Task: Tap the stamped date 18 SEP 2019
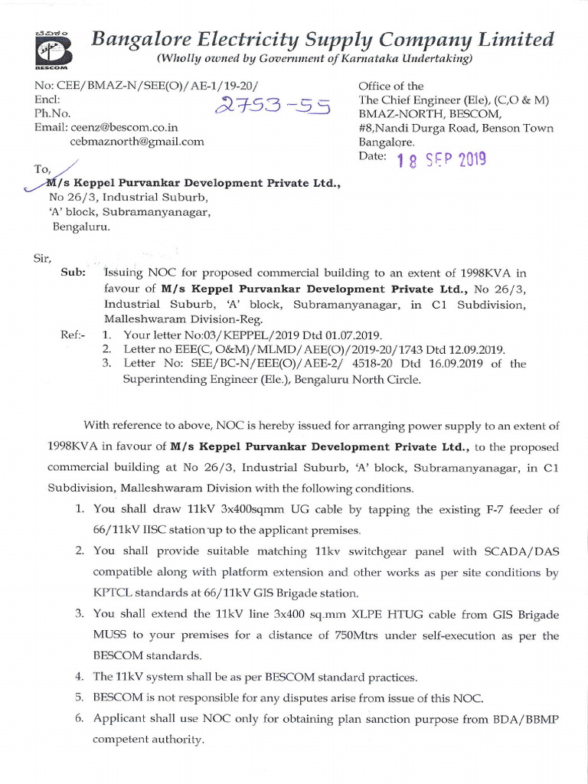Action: [x=441, y=159]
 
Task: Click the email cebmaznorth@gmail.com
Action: [x=137, y=142]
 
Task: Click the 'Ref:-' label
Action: [x=73, y=335]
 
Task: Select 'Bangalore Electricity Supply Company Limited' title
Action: [x=322, y=38]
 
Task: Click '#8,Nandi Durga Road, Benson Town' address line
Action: [x=456, y=128]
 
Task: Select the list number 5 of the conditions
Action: [x=79, y=697]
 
